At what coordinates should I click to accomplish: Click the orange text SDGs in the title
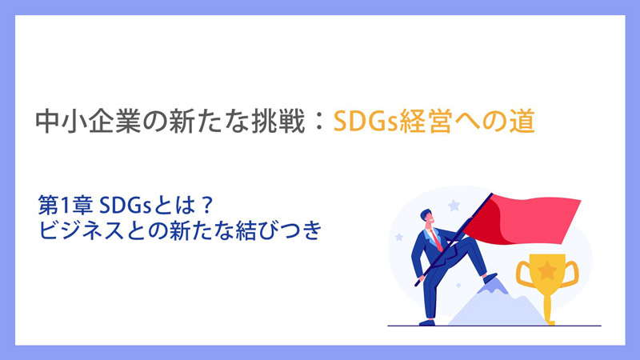366,122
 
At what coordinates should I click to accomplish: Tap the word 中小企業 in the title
88,122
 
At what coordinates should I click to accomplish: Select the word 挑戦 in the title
278,122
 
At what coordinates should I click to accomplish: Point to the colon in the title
319,122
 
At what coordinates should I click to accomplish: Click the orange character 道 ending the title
522,122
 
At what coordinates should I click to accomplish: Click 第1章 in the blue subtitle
65,206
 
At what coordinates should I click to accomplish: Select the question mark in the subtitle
207,206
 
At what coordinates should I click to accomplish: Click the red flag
522,218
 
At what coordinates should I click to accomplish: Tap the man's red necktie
436,240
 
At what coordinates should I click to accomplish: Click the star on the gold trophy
547,270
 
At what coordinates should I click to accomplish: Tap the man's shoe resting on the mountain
490,277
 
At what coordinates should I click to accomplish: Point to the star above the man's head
454,206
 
